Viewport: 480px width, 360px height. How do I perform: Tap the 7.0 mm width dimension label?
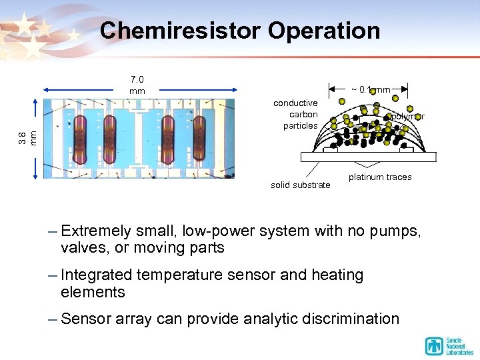[x=137, y=85]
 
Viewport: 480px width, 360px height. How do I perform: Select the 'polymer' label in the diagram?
[x=407, y=116]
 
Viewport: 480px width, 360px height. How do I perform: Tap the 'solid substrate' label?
[x=300, y=185]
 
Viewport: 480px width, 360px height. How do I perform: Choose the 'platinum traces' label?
[x=380, y=177]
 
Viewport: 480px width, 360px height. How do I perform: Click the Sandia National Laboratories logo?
[x=449, y=345]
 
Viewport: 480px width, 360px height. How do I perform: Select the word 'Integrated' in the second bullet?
[x=97, y=275]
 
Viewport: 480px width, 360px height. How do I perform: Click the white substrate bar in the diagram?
[x=368, y=157]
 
